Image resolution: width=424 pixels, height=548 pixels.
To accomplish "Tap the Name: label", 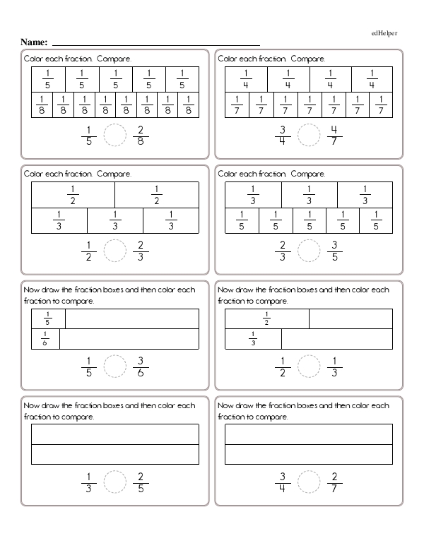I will pyautogui.click(x=35, y=43).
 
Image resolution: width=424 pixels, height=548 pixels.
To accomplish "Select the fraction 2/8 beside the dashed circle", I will pyautogui.click(x=140, y=134).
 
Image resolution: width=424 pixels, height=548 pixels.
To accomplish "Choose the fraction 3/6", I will pyautogui.click(x=140, y=366).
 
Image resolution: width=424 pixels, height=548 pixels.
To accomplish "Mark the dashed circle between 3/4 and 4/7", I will pyautogui.click(x=308, y=134).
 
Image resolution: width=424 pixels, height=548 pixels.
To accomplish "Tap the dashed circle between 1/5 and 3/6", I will pyautogui.click(x=114, y=366).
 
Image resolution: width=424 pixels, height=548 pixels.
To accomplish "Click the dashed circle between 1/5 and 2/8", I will pyautogui.click(x=114, y=134).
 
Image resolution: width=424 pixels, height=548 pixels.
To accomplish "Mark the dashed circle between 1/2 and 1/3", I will pyautogui.click(x=308, y=366).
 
